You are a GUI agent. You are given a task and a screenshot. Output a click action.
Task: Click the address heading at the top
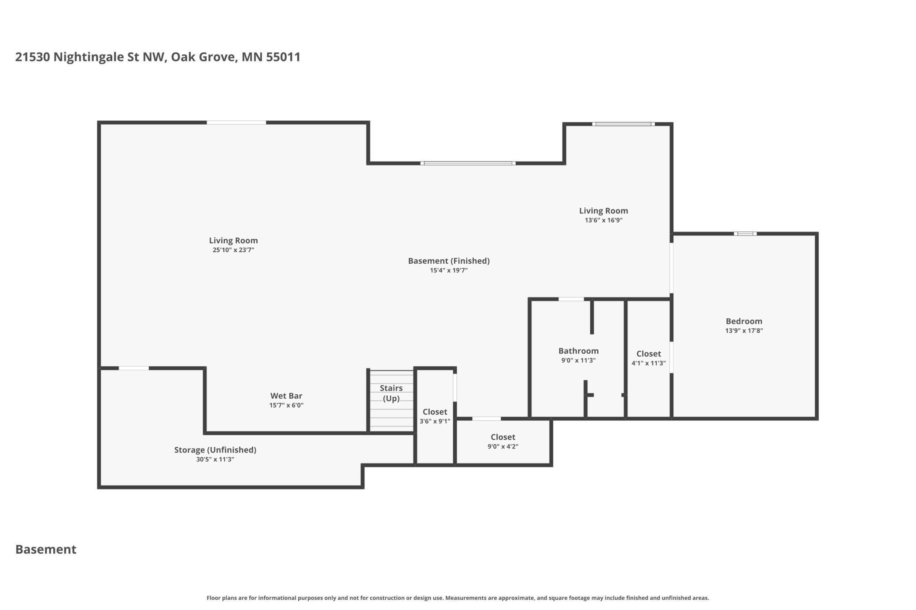point(158,57)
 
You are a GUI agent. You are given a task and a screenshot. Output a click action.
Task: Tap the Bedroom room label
point(744,321)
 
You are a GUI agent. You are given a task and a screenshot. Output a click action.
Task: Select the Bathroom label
point(578,351)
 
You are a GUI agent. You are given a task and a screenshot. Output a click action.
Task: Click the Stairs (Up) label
point(391,393)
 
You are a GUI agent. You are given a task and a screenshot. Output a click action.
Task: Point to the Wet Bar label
point(286,396)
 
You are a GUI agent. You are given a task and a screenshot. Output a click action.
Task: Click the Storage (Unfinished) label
point(215,450)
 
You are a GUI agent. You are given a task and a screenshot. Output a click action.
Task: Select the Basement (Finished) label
point(449,261)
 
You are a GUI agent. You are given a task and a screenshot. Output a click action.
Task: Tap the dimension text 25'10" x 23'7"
point(233,250)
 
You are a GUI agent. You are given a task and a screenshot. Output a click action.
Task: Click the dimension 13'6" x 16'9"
point(603,220)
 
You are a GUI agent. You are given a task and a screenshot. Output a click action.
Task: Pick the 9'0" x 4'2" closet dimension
point(502,446)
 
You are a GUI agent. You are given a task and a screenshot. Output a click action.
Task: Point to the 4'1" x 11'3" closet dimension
point(648,363)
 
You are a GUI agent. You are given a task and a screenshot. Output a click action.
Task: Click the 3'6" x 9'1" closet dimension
point(435,421)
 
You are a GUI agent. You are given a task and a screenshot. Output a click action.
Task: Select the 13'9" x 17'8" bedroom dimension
point(744,331)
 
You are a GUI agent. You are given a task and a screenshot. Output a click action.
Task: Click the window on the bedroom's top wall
point(745,234)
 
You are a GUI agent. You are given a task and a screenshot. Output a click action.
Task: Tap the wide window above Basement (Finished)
point(468,163)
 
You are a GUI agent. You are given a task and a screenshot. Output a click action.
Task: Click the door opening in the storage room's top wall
point(134,368)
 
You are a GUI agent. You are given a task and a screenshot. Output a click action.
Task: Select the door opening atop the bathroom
point(571,299)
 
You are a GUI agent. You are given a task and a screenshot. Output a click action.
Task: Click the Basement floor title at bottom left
point(46,549)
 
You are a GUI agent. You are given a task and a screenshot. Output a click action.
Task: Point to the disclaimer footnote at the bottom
point(458,598)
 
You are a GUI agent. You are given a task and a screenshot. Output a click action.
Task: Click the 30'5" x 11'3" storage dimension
point(215,459)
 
